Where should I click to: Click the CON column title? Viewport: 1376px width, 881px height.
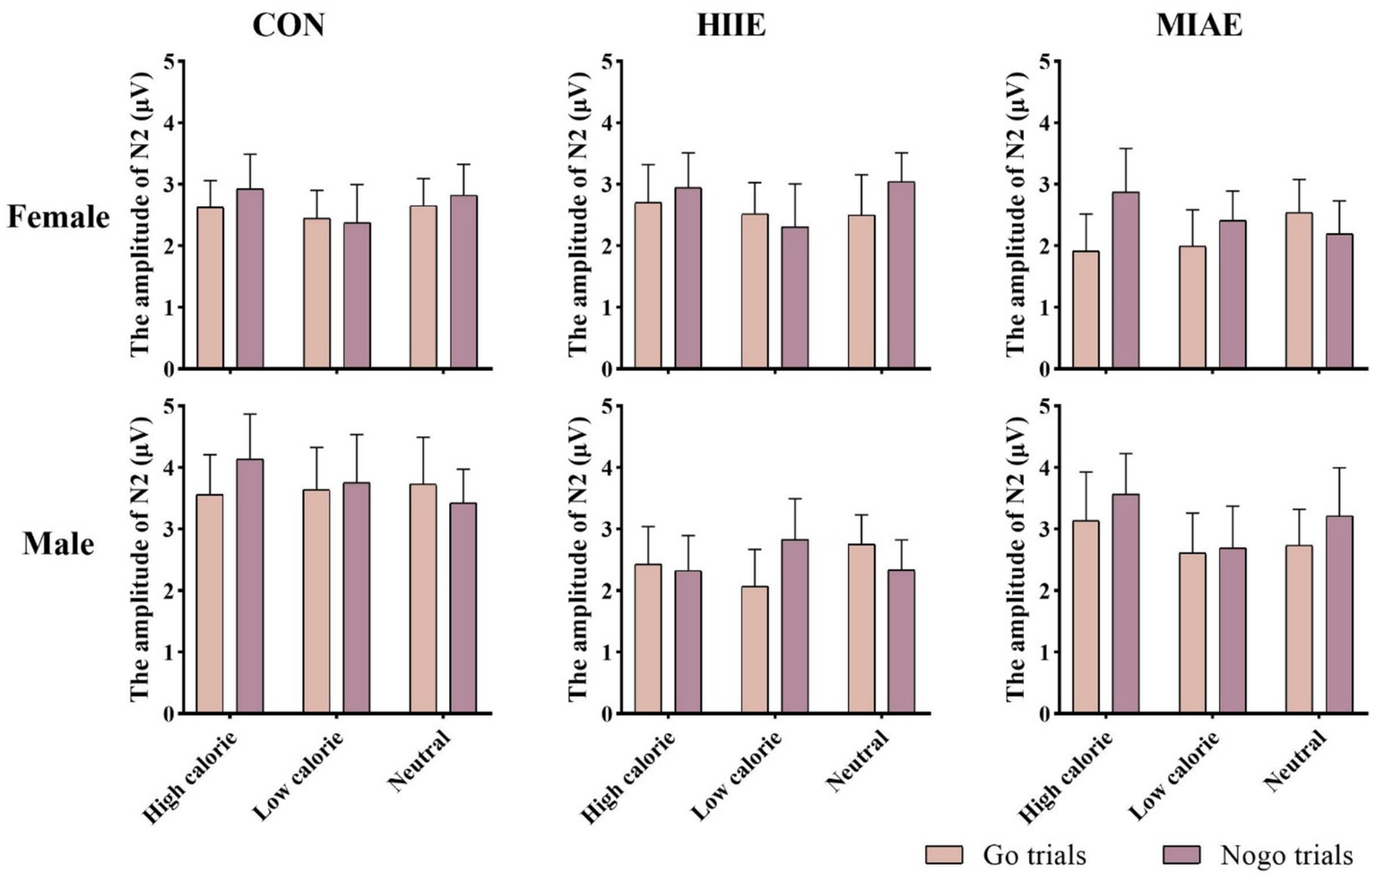pyautogui.click(x=288, y=25)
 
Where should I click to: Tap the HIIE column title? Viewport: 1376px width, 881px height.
pyautogui.click(x=731, y=25)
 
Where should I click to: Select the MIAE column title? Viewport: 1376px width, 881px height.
pyautogui.click(x=1199, y=25)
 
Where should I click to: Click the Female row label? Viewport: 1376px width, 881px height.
pyautogui.click(x=58, y=217)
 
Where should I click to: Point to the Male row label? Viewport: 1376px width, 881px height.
pyautogui.click(x=58, y=544)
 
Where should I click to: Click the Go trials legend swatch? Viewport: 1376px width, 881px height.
pyautogui.click(x=943, y=855)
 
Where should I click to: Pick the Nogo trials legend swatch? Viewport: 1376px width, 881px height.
pyautogui.click(x=1181, y=855)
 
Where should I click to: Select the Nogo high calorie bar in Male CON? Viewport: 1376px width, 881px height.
pyautogui.click(x=250, y=586)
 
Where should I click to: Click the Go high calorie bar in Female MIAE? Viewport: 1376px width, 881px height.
pyautogui.click(x=1086, y=309)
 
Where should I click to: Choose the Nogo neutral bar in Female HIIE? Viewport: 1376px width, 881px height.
pyautogui.click(x=901, y=275)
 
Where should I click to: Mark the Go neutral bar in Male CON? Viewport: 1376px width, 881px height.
pyautogui.click(x=423, y=599)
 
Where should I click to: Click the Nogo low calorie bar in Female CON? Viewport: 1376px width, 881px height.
pyautogui.click(x=356, y=295)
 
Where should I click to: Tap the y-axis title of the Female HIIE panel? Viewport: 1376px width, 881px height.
pyautogui.click(x=579, y=214)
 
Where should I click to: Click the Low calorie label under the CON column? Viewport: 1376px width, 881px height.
pyautogui.click(x=299, y=776)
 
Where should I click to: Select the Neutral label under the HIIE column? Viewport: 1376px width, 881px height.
pyautogui.click(x=858, y=761)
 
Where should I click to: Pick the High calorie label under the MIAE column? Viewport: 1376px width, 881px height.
pyautogui.click(x=1066, y=777)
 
